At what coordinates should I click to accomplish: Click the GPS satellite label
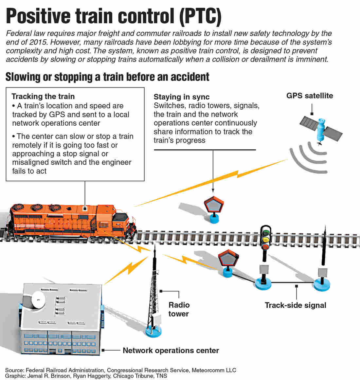tap(310, 96)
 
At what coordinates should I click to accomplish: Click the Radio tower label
tap(179, 309)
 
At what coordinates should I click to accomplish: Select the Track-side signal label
tap(295, 305)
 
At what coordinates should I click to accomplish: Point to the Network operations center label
tap(171, 350)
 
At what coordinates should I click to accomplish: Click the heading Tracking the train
tap(43, 96)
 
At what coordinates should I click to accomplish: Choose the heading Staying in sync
tap(181, 97)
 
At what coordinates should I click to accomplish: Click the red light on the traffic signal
tap(265, 247)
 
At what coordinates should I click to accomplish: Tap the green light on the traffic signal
tap(266, 233)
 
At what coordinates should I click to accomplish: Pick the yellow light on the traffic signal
tap(266, 240)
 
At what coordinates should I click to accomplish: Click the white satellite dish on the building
tap(38, 299)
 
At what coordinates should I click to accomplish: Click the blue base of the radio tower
tap(153, 331)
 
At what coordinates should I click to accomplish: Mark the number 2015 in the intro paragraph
tap(38, 42)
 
